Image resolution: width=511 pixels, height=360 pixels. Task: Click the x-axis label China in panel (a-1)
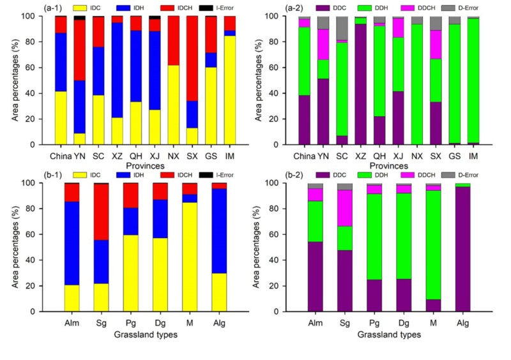59,154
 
